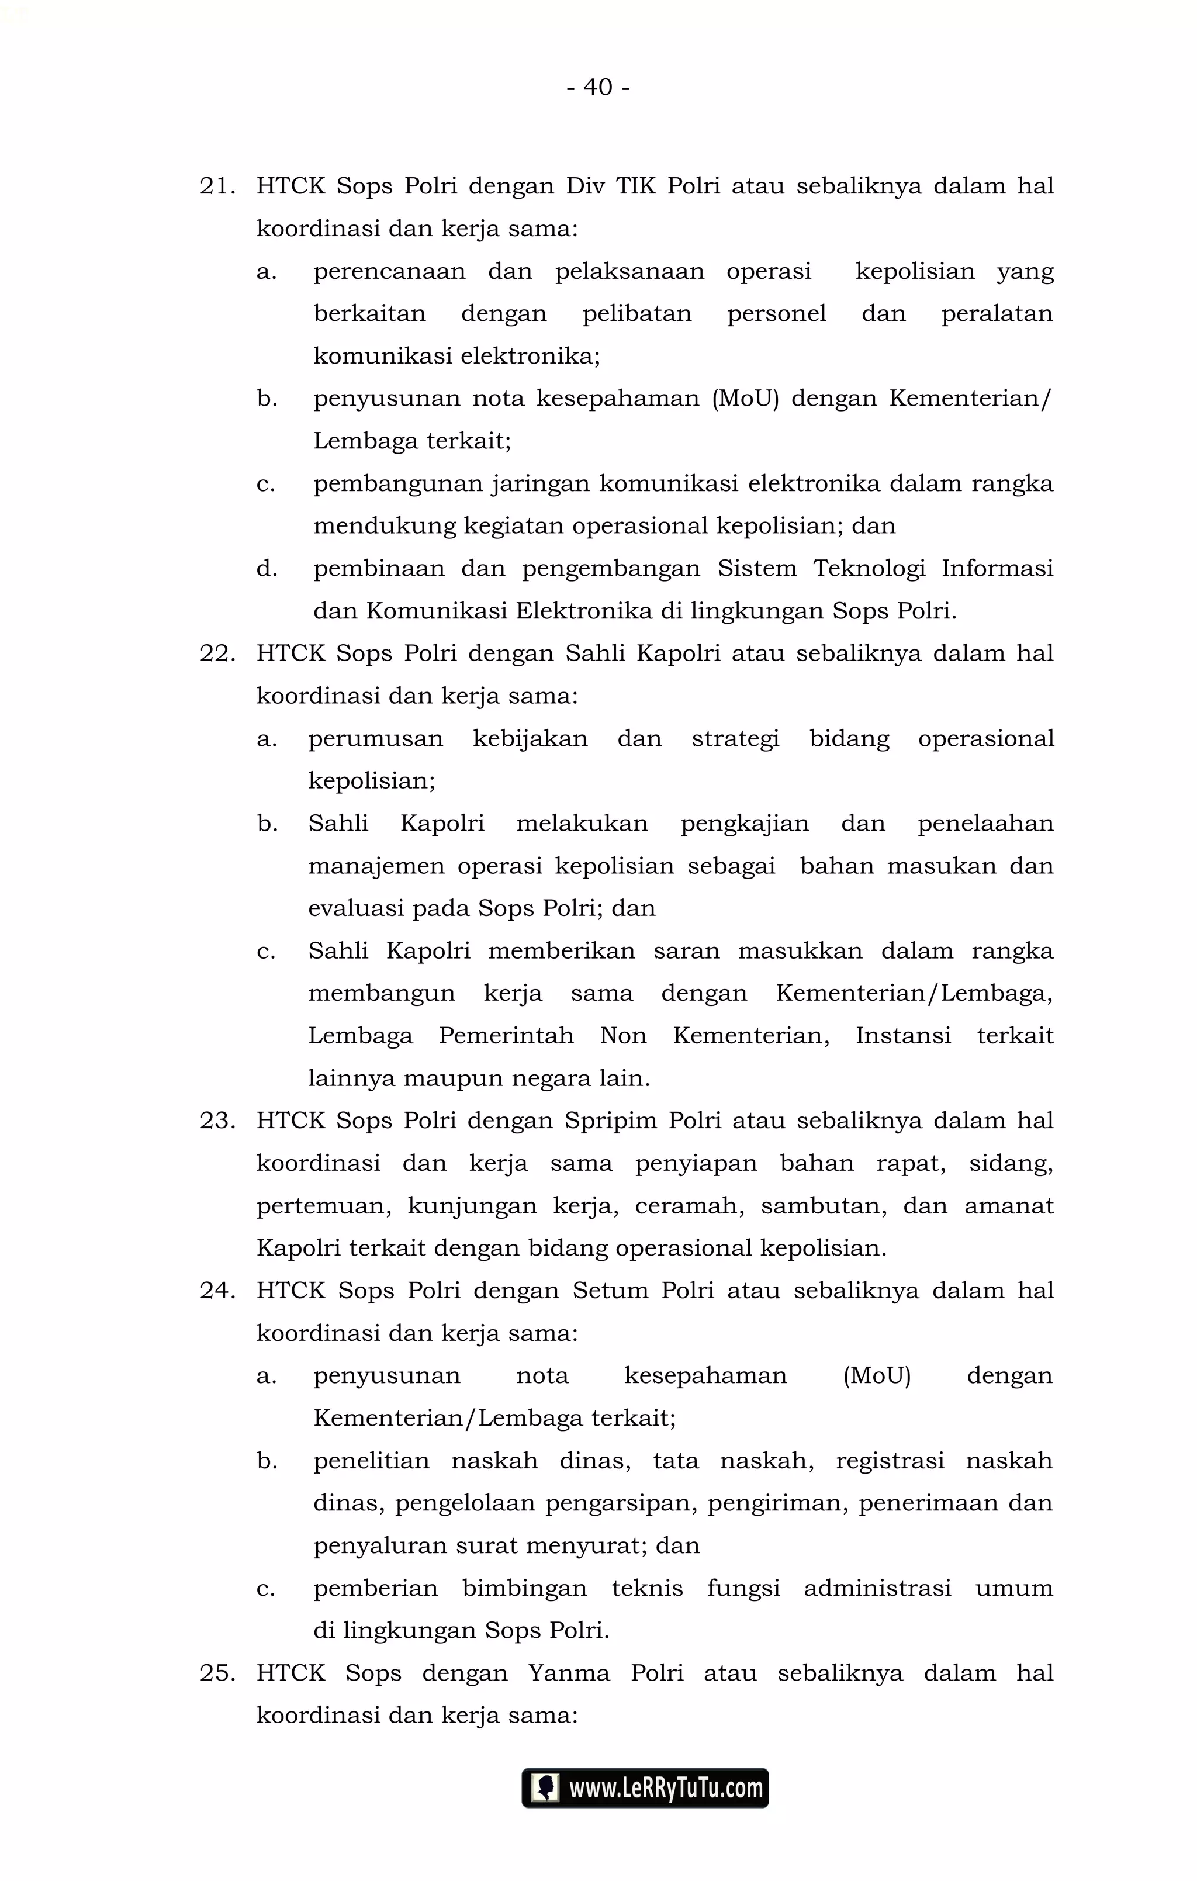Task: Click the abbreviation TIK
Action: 636,186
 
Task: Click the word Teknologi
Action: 869,569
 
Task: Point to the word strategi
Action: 735,739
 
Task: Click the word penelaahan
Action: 985,824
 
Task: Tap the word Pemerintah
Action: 506,1036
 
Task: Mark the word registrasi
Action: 890,1461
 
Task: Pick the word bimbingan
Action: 524,1588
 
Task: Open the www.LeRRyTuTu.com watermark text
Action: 666,1788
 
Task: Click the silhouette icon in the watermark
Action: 545,1788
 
